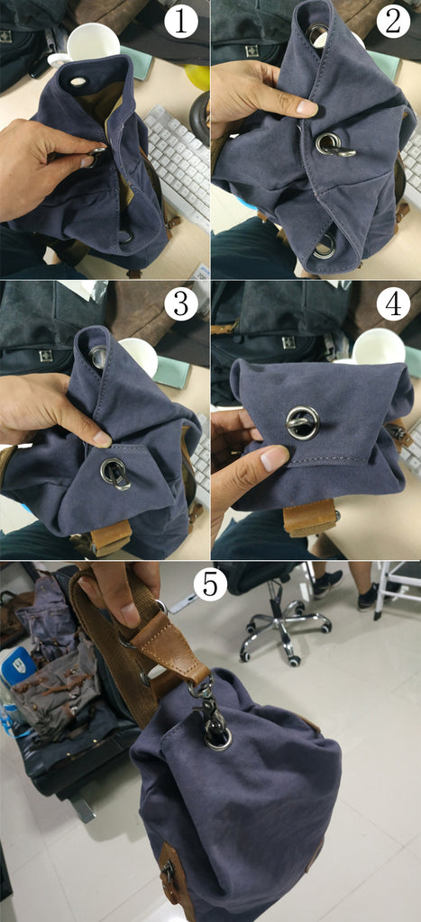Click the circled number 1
pyautogui.click(x=181, y=23)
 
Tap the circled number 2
pyautogui.click(x=393, y=23)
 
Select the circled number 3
pyautogui.click(x=181, y=304)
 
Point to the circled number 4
pyautogui.click(x=393, y=304)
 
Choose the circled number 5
pyautogui.click(x=210, y=583)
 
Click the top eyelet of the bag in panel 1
pyautogui.click(x=78, y=82)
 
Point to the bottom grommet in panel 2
pyautogui.click(x=325, y=246)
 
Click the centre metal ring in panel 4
pyautogui.click(x=303, y=422)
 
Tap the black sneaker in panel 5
pyautogui.click(x=328, y=583)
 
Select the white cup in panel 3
pyautogui.click(x=139, y=357)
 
